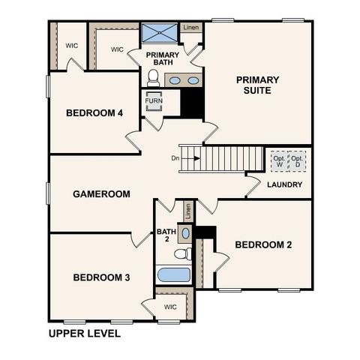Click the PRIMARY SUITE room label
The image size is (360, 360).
[x=257, y=86]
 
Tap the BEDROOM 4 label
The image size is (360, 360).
[x=94, y=113]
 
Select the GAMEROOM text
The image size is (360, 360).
[x=101, y=193]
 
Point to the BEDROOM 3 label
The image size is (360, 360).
[x=101, y=277]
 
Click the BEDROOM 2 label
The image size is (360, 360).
[x=263, y=244]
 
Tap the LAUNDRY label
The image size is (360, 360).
[x=284, y=184]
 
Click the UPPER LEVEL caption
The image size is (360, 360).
[x=84, y=333]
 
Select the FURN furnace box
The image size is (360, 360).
[x=154, y=100]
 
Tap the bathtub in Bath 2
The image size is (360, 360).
[x=173, y=274]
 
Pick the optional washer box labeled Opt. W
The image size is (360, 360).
[x=279, y=160]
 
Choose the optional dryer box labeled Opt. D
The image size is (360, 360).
[x=298, y=160]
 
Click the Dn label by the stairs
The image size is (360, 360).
[x=175, y=158]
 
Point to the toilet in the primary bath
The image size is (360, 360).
[x=154, y=76]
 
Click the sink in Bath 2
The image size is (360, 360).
[x=186, y=233]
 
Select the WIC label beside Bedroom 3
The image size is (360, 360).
[x=170, y=306]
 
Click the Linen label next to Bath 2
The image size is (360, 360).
[x=188, y=211]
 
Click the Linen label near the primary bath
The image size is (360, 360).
[x=192, y=28]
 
